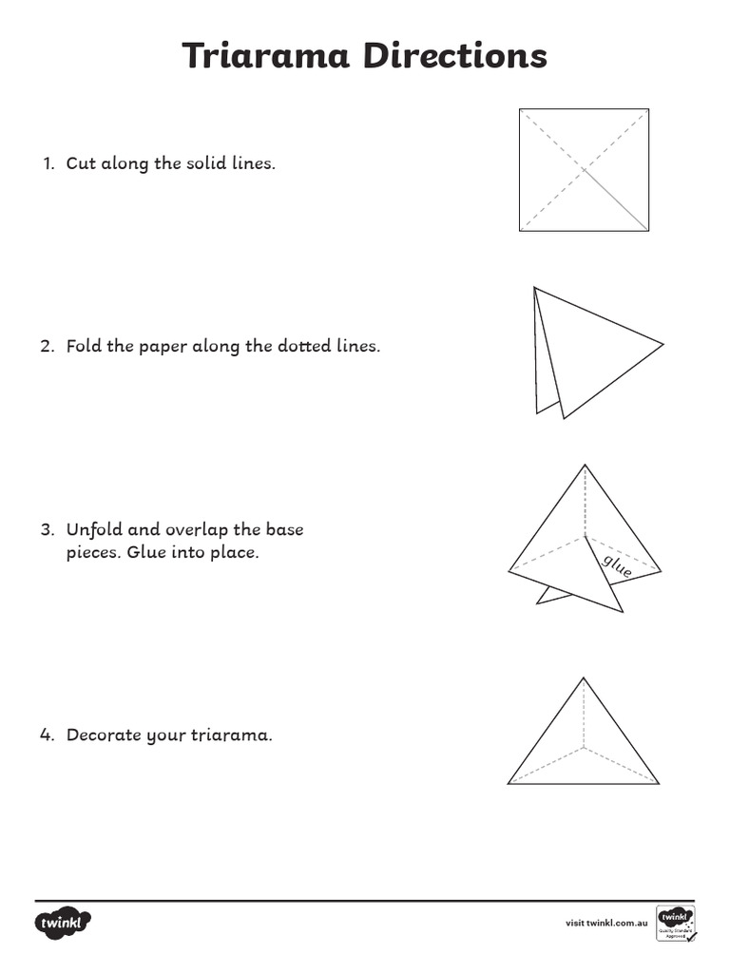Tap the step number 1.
coord(48,163)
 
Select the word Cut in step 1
coord(80,163)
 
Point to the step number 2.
coord(48,346)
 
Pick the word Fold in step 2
coord(85,346)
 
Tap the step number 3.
coord(48,529)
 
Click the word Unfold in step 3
coord(93,529)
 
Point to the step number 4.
coord(48,735)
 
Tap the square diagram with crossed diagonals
coord(584,170)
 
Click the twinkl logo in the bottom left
coord(64,923)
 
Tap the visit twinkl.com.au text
coord(606,923)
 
